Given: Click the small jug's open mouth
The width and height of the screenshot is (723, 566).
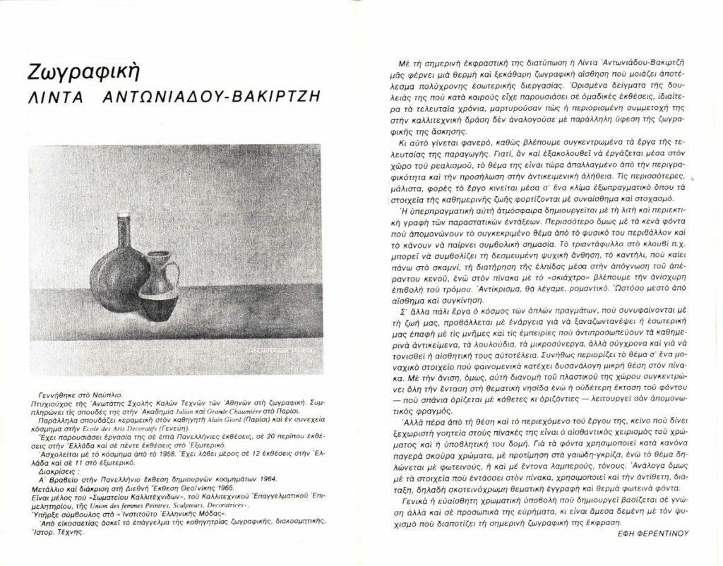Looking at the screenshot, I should coord(162,255).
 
